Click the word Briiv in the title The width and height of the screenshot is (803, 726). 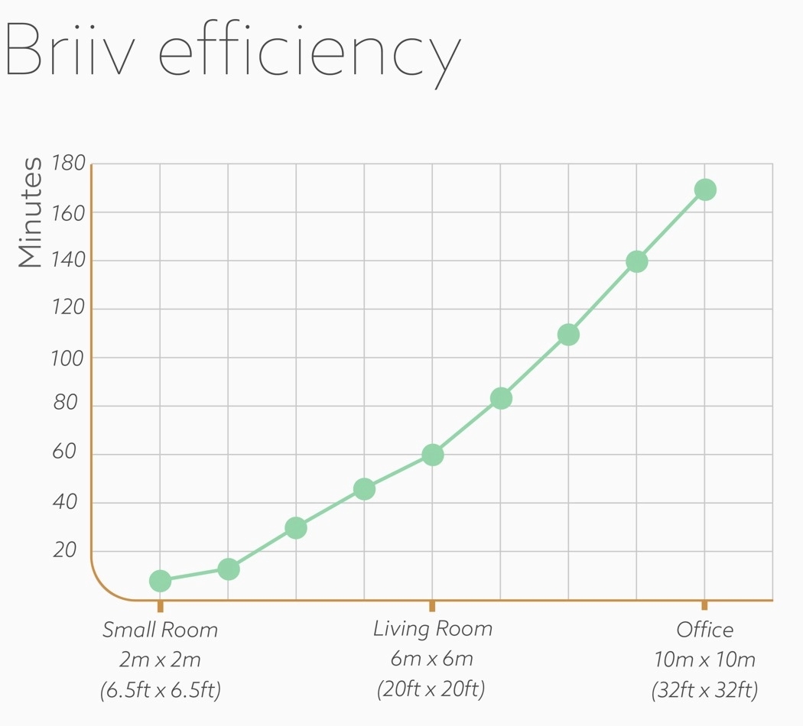[72, 50]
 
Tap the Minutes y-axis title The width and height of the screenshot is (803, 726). [31, 212]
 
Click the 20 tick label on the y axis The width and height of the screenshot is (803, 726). [66, 551]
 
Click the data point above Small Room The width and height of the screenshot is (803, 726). [160, 581]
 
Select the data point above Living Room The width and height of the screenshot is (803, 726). [432, 455]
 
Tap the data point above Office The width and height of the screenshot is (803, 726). [705, 190]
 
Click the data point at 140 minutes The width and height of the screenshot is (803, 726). [636, 261]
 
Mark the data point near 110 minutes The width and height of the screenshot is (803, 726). [568, 334]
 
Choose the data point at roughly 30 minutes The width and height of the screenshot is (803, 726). [296, 527]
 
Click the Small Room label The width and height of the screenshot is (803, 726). [160, 630]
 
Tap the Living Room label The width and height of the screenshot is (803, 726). [432, 629]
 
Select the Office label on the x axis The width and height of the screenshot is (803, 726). [704, 630]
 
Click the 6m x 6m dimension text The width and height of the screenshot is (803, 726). [432, 659]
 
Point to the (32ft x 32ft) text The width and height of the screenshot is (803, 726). [704, 690]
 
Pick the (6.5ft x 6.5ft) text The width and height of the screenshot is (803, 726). [160, 690]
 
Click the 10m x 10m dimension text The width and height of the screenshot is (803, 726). [704, 660]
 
